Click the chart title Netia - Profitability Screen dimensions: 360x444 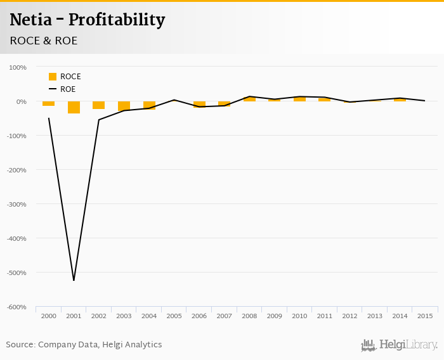(x=88, y=20)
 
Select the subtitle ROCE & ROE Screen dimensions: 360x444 (x=44, y=41)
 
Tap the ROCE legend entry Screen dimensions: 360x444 (x=65, y=77)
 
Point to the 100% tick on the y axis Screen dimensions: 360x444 (x=17, y=67)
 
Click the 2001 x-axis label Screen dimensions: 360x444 (x=74, y=316)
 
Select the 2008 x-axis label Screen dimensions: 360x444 (x=249, y=316)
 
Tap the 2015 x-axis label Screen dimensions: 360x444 (x=425, y=316)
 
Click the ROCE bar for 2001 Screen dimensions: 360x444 (x=74, y=107)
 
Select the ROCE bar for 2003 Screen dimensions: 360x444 (x=124, y=106)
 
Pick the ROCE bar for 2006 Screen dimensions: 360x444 (x=199, y=104)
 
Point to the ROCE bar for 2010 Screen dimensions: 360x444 (x=299, y=99)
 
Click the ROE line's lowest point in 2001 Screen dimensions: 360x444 (x=74, y=280)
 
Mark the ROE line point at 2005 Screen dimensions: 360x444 (x=174, y=100)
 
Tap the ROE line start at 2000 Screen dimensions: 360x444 (x=49, y=118)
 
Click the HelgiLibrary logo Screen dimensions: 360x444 (x=399, y=345)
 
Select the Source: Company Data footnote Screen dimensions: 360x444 (x=84, y=345)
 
